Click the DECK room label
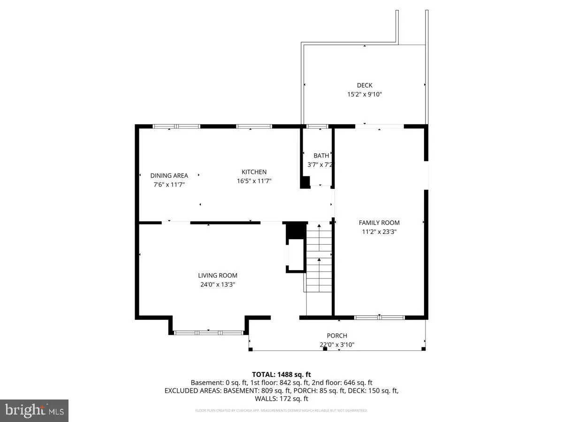pyautogui.click(x=365, y=85)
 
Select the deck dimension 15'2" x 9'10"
pyautogui.click(x=365, y=94)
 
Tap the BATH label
pyautogui.click(x=321, y=156)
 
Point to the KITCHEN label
pyautogui.click(x=254, y=172)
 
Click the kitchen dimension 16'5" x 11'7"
pyautogui.click(x=254, y=181)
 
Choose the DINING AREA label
pyautogui.click(x=169, y=176)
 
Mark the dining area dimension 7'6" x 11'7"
pyautogui.click(x=169, y=184)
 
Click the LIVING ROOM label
pyautogui.click(x=217, y=276)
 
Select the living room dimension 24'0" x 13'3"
pyautogui.click(x=217, y=284)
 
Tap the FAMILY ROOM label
pyautogui.click(x=379, y=223)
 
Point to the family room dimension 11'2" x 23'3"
pyautogui.click(x=379, y=231)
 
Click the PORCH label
pyautogui.click(x=337, y=336)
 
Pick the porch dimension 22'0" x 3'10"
pyautogui.click(x=337, y=345)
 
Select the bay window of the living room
pyautogui.click(x=208, y=332)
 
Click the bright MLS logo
pyautogui.click(x=34, y=411)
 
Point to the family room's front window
pyautogui.click(x=379, y=317)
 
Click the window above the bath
pyautogui.click(x=317, y=126)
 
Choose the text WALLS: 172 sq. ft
pyautogui.click(x=281, y=399)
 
